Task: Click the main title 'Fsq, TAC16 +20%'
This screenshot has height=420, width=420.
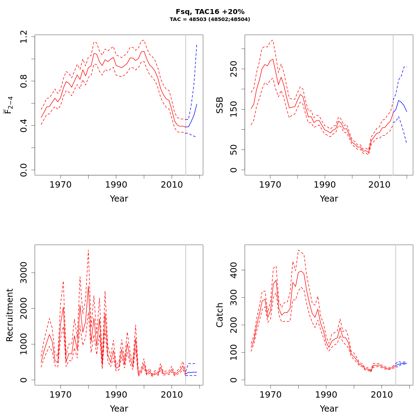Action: coord(210,12)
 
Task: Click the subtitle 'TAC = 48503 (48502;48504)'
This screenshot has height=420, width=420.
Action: coord(210,20)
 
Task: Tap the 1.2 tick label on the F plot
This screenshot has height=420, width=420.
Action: coord(24,36)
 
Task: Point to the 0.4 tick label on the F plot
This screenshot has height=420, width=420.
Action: coord(24,125)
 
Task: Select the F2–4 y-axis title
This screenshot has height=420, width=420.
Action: coord(8,105)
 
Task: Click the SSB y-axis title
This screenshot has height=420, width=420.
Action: coord(220,105)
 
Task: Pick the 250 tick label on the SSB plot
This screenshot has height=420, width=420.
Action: coord(234,69)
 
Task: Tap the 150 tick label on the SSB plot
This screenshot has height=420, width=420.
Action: coord(234,109)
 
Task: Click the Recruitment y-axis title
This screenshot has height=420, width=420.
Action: coord(10,315)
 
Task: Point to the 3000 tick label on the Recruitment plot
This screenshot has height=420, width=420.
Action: coord(24,273)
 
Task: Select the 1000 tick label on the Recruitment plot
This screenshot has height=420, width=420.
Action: coord(24,344)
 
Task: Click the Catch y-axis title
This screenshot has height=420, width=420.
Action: coord(220,315)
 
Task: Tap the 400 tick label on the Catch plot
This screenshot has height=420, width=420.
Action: coord(234,270)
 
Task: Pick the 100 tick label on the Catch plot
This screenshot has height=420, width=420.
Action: coord(234,352)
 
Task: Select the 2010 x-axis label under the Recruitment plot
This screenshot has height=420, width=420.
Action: coord(171,394)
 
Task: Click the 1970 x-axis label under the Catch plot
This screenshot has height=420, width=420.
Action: coord(270,394)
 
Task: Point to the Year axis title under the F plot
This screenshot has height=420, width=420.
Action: coord(119,199)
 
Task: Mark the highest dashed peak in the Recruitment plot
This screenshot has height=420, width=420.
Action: coord(88,250)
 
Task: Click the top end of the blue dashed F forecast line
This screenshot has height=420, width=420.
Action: coord(197,44)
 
